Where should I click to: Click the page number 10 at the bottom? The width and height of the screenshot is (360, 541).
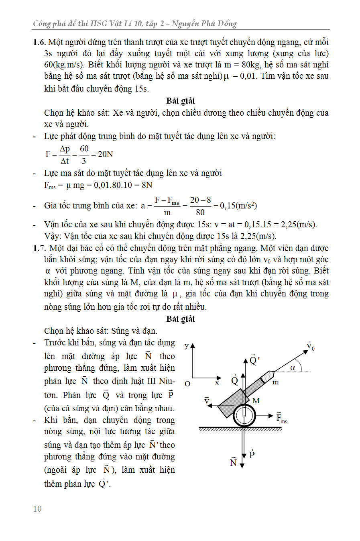(x=37, y=509)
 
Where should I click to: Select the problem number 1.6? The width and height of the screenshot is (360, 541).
(x=39, y=42)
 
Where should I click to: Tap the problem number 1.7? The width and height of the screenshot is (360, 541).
(x=39, y=248)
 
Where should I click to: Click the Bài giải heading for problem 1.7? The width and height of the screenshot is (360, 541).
(x=181, y=319)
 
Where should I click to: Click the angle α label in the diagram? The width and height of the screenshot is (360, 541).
(x=293, y=367)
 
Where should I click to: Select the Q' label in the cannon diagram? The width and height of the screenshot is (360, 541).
(x=254, y=359)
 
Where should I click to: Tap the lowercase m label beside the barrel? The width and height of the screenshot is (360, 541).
(x=276, y=382)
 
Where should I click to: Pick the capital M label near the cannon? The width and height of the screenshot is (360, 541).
(x=256, y=400)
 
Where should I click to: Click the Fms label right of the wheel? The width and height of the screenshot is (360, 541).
(x=282, y=418)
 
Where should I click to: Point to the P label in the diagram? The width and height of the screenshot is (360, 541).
(x=252, y=454)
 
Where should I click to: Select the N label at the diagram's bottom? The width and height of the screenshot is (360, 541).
(x=233, y=463)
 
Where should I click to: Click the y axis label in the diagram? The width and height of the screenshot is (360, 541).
(x=187, y=346)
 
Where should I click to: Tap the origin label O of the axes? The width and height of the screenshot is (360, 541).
(x=187, y=384)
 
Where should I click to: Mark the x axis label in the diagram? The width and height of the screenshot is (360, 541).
(x=217, y=383)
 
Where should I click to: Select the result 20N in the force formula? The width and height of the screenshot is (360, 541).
(x=106, y=154)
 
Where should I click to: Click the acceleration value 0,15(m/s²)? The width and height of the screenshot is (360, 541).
(x=238, y=206)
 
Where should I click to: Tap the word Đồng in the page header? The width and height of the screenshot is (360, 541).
(x=227, y=24)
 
